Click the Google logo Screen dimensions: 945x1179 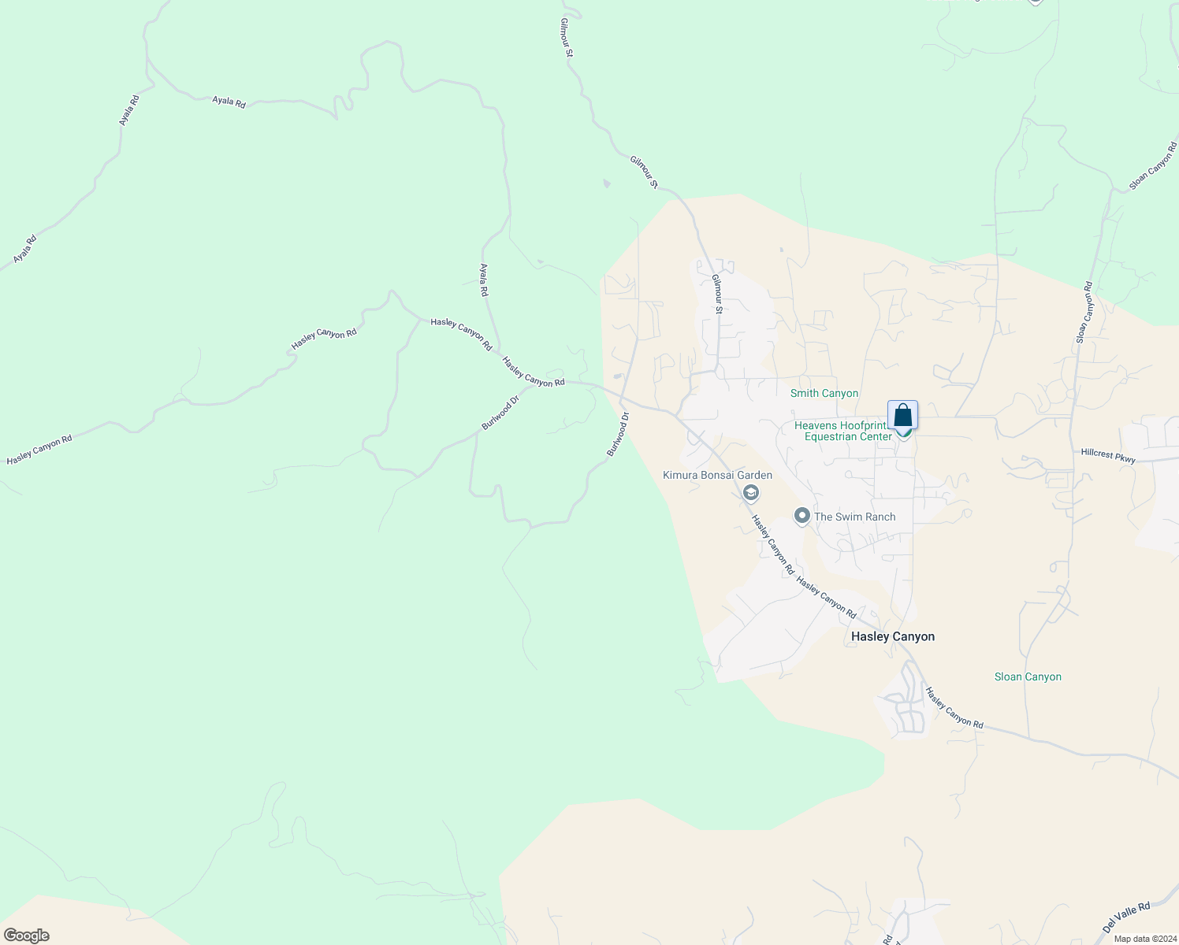pos(27,936)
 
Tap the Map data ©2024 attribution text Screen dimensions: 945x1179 pos(1144,939)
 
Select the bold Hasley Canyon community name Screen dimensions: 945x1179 pos(893,636)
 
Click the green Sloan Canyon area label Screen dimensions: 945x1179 pos(1028,676)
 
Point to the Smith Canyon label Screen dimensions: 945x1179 pos(824,393)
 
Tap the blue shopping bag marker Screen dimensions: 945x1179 pos(902,415)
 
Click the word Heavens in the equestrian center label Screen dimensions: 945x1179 pos(816,425)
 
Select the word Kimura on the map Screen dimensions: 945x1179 pos(680,475)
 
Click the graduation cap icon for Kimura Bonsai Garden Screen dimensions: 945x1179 pos(751,494)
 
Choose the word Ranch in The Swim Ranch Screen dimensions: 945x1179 pos(877,517)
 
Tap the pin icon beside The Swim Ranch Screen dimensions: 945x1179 pos(802,516)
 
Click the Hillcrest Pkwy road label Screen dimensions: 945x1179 pos(1108,454)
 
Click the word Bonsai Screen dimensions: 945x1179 pos(719,475)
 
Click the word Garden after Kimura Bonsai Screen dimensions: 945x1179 pos(755,475)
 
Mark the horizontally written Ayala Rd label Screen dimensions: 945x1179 pos(229,102)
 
